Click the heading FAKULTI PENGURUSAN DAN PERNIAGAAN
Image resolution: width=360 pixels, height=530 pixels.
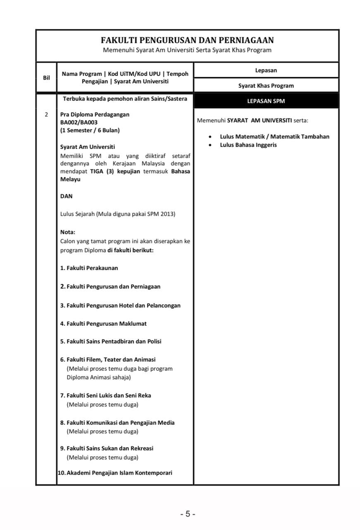[x=187, y=40]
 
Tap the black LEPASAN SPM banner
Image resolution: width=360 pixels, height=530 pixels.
[x=266, y=101]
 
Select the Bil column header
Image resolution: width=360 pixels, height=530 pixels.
[x=46, y=77]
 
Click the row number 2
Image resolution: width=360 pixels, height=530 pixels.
[x=46, y=114]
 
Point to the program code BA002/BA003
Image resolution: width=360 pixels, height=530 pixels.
[x=79, y=122]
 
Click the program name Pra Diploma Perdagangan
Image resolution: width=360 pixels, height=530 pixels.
[x=95, y=114]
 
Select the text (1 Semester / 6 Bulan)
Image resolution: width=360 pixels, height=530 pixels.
[x=90, y=130]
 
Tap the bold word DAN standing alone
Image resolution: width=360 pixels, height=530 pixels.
[x=66, y=196]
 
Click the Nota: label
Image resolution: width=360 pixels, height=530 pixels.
[x=68, y=232]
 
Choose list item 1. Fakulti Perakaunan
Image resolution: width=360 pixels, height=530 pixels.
[x=89, y=268]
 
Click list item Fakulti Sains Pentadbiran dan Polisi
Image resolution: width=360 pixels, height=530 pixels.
[x=111, y=341]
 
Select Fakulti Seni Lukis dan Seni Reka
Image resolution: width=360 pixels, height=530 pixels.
[x=106, y=395]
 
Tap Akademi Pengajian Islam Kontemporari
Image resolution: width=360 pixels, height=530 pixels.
[x=116, y=472]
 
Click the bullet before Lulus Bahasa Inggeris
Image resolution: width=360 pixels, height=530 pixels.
[x=210, y=145]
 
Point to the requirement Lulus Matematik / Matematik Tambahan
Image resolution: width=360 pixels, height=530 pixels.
[x=274, y=136]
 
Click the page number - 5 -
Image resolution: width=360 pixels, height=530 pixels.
[x=188, y=514]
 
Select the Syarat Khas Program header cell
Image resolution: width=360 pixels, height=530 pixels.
[x=266, y=86]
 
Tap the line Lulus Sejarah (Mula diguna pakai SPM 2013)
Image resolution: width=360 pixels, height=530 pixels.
[x=118, y=214]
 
